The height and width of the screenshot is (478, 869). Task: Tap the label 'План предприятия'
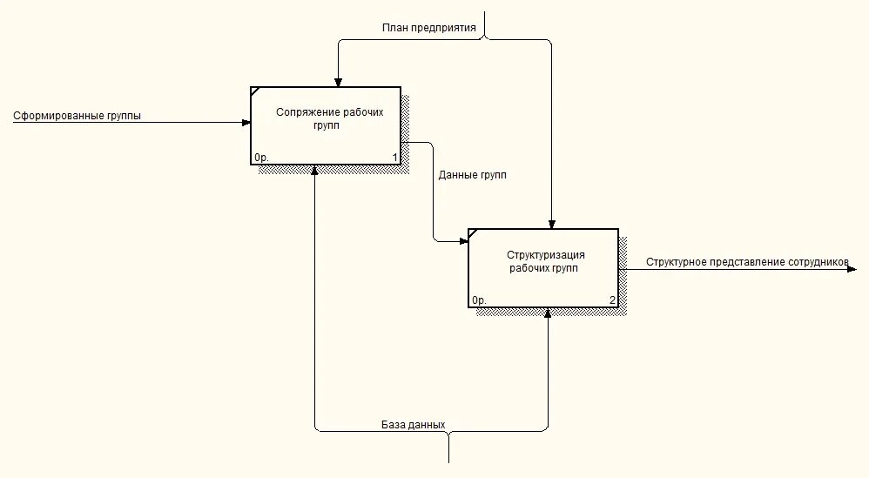(x=428, y=27)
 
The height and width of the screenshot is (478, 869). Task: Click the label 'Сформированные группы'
(x=77, y=116)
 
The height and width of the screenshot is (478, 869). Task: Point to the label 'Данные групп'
(x=473, y=175)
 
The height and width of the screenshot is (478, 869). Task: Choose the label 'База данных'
(x=413, y=425)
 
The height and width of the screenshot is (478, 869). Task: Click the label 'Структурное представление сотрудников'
(x=746, y=261)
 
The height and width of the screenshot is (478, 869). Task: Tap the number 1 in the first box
(x=394, y=158)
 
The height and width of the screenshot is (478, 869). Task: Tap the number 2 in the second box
(x=612, y=300)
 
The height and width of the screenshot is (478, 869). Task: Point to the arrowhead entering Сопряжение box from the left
(x=246, y=123)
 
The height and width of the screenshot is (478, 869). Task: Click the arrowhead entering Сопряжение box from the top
(x=338, y=83)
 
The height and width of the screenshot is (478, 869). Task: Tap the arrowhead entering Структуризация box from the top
(x=550, y=224)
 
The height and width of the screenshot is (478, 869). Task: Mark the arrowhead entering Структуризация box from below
(x=549, y=313)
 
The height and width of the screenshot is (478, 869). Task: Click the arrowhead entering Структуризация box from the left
(x=464, y=240)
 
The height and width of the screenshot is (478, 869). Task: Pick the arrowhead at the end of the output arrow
(x=852, y=269)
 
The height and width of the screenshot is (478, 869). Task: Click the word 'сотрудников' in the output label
(x=818, y=261)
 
